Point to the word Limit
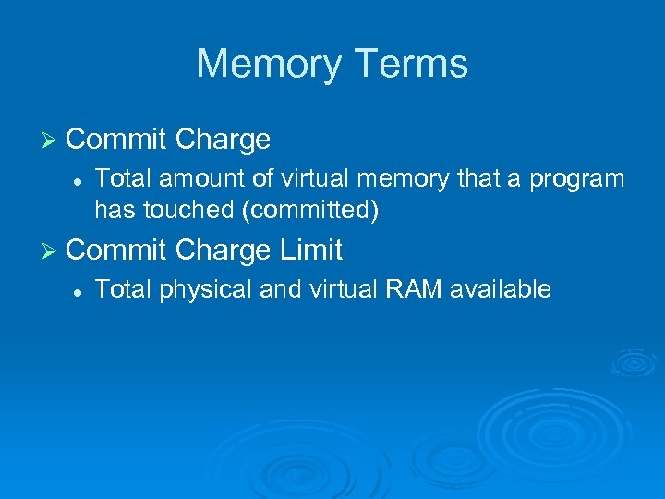pyautogui.click(x=309, y=249)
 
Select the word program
pyautogui.click(x=580, y=179)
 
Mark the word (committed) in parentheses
pyautogui.click(x=309, y=211)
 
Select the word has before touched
pyautogui.click(x=115, y=210)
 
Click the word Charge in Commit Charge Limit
pyautogui.click(x=223, y=249)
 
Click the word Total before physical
pyautogui.click(x=124, y=289)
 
